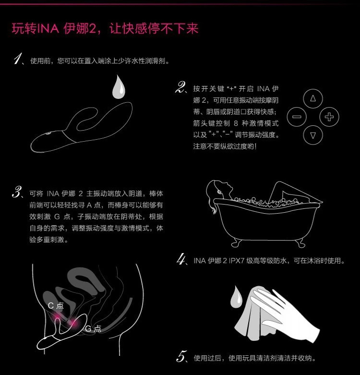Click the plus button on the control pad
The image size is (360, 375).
(329, 117)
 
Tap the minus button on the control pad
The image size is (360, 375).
(297, 117)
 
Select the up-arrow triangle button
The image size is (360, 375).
(313, 98)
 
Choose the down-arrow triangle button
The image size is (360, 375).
(313, 135)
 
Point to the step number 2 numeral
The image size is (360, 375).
(181, 88)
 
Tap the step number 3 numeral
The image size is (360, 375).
(18, 193)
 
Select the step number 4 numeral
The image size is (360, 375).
(181, 261)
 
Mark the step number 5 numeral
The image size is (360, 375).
(181, 357)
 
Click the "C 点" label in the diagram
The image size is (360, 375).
(56, 305)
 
